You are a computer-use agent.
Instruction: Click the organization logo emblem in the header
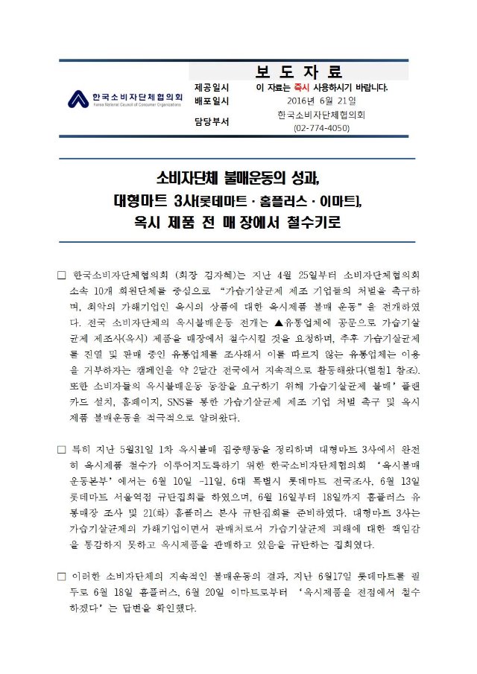click(x=78, y=99)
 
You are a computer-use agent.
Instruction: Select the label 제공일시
click(x=212, y=87)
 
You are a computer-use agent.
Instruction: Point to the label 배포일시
click(x=212, y=101)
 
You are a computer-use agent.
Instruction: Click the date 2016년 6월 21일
click(x=321, y=101)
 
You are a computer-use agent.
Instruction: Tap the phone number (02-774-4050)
click(x=321, y=128)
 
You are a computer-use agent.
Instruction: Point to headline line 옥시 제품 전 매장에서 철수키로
click(x=238, y=222)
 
